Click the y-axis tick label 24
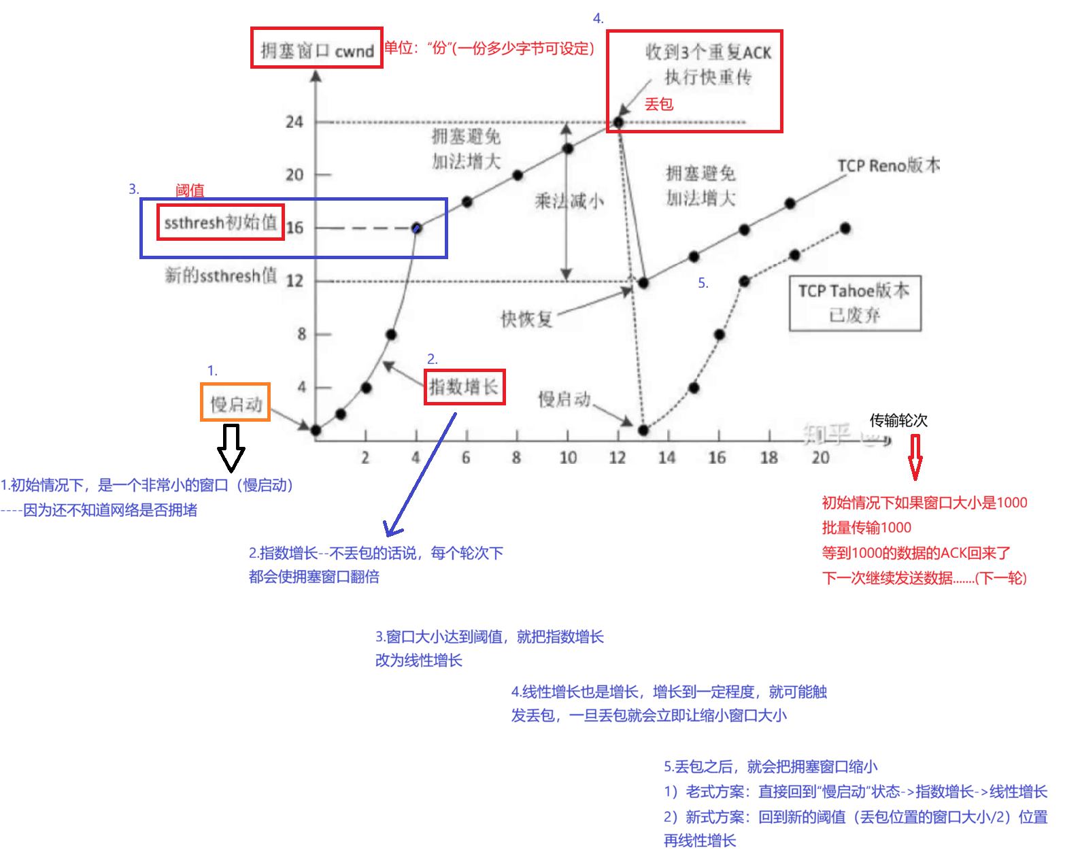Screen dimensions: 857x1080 294,122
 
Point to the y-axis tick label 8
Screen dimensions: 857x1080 301,334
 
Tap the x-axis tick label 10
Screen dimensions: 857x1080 568,458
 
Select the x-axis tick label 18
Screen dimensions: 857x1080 769,458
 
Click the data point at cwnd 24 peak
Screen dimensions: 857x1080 618,122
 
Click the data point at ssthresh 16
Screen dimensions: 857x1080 417,228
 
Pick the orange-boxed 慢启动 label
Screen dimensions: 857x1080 235,403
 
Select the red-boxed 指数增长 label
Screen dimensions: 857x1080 464,387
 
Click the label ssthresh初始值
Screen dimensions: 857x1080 220,222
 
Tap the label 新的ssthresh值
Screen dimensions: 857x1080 221,275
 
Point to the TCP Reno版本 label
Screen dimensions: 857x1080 888,165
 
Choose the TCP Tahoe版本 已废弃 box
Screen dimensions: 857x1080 854,303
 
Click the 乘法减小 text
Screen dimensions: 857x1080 569,201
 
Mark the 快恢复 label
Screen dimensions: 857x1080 526,318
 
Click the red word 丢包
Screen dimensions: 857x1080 658,104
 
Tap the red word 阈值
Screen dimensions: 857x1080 190,190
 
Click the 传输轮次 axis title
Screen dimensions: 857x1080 898,420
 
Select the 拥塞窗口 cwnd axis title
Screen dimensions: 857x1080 317,50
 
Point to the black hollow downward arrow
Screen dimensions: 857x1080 231,446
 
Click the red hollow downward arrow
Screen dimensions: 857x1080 915,457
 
